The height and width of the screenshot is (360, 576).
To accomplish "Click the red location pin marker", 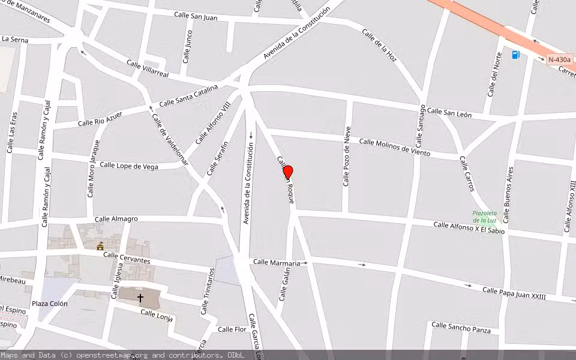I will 287,172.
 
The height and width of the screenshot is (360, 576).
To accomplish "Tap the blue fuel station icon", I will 515,55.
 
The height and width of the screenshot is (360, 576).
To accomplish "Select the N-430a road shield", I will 559,59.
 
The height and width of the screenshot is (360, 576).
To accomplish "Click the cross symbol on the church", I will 140,298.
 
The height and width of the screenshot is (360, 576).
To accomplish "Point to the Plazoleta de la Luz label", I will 484,217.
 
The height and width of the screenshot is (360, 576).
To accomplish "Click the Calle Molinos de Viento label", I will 394,147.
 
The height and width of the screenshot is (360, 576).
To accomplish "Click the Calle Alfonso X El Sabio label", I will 469,227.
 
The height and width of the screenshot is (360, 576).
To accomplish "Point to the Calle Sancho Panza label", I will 461,328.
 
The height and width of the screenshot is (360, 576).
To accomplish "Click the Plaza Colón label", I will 50,304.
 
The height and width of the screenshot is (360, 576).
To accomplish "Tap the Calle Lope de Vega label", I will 129,166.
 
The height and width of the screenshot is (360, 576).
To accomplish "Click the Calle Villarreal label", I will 148,68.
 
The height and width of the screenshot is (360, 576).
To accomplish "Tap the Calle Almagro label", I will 116,219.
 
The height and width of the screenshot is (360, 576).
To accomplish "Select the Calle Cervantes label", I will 127,257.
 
